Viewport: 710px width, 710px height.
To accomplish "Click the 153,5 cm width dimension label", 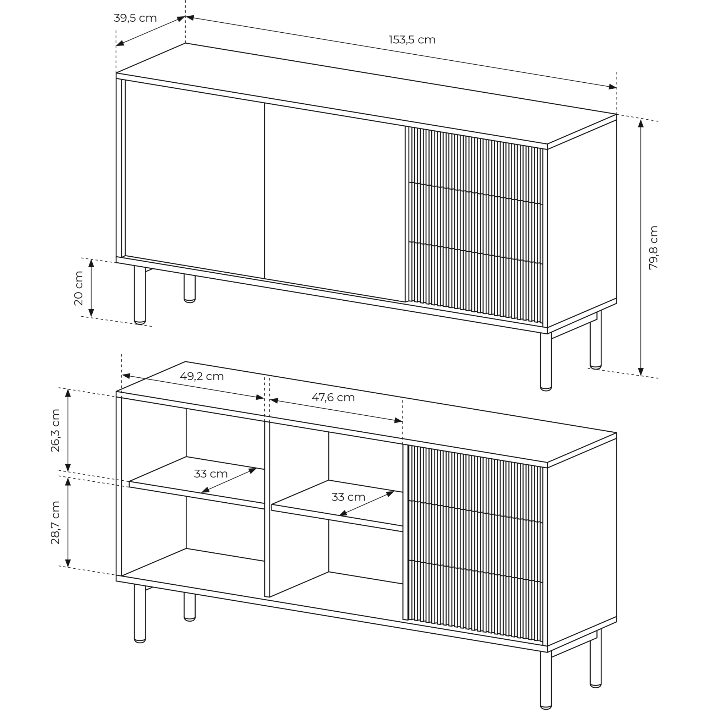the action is point(412,40).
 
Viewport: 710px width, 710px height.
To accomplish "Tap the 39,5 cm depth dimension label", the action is point(135,18).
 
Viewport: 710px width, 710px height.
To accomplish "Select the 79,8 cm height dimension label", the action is point(653,248).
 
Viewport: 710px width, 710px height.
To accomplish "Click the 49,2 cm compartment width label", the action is point(202,376).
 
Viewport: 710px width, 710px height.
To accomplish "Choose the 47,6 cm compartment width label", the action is point(333,397).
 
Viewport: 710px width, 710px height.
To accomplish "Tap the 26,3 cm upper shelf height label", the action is point(55,430).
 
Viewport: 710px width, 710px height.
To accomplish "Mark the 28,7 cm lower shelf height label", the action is point(55,522).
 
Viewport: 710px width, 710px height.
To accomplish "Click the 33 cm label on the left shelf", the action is point(211,474).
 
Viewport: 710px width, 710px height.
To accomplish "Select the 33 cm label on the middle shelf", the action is point(348,497).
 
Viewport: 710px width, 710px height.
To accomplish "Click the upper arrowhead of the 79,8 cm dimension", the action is point(641,123).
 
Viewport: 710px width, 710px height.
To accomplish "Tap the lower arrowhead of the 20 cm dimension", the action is point(91,313).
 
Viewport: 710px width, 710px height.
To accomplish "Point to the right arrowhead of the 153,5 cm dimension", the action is point(613,87).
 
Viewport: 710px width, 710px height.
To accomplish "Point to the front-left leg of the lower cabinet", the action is point(140,613).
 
